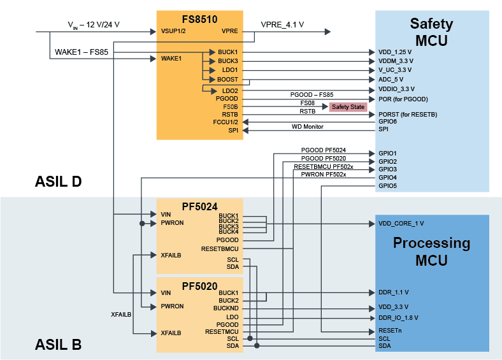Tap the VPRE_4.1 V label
[282, 25]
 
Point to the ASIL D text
[58, 182]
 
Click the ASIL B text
[58, 345]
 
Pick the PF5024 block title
[199, 206]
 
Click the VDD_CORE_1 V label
[401, 224]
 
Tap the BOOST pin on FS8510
[227, 80]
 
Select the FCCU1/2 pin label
[226, 121]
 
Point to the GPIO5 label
[387, 186]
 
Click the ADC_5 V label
[391, 80]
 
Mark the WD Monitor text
[308, 127]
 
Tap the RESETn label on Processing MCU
[389, 331]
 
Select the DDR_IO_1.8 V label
[398, 317]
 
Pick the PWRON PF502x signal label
[323, 174]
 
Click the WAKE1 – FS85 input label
[79, 52]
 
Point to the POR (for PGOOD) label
[403, 99]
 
